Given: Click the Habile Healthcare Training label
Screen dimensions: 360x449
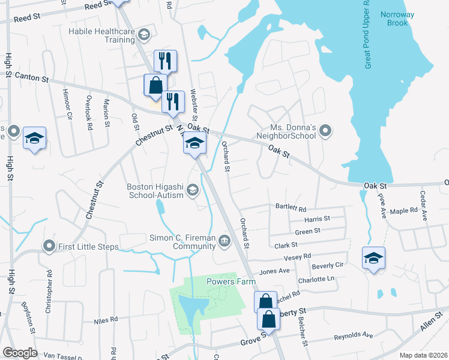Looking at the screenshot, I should coord(101,35).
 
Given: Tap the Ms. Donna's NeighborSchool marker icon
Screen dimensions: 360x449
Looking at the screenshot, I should coord(326,130).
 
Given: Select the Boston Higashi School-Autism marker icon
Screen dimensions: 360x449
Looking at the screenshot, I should coord(193,190).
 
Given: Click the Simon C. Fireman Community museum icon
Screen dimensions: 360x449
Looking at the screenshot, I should coord(224,241).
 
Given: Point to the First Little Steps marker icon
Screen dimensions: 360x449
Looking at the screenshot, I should coord(49,246).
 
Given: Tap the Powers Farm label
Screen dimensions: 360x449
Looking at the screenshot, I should coord(231,281).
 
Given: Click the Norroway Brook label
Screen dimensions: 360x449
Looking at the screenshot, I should coord(394,19).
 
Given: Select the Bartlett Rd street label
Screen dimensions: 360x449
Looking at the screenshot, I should coord(291,208).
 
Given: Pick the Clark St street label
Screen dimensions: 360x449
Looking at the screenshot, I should coord(286,245).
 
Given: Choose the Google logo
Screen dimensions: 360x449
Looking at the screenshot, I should coord(20,353).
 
